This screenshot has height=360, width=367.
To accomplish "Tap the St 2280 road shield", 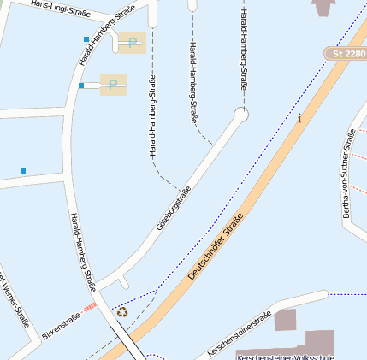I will pos(345,54).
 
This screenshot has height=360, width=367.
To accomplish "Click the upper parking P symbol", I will pos(132,43).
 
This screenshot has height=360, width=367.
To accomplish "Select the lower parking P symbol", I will pos(112,84).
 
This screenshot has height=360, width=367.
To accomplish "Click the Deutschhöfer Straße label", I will pos(216,248).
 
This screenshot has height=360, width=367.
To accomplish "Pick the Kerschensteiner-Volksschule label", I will pos(285,356).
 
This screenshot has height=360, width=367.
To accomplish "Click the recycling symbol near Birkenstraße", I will pos(122,312).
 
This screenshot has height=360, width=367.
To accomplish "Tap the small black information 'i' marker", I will pos(299,118).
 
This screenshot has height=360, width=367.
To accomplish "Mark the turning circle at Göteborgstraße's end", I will pos(241,114).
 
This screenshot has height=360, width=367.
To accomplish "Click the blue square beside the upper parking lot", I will pos(86,39).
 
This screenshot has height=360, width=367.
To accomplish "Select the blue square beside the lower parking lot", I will pos(81,86).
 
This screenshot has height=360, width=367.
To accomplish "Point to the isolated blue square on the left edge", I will pos(23,171).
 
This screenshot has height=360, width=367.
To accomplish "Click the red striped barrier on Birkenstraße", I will pos(91,307).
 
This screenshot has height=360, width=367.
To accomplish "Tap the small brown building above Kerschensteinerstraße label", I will pos(285,320).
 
